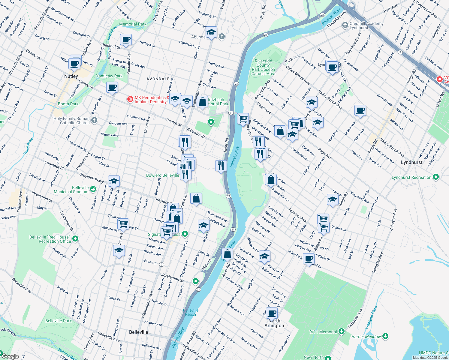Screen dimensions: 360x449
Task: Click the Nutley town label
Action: tap(71, 76)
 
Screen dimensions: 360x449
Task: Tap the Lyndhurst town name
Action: tap(411, 162)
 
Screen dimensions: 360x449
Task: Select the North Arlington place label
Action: tap(274, 323)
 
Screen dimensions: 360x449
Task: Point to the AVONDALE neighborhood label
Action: tap(158, 79)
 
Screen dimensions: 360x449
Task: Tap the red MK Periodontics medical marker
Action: tap(130, 99)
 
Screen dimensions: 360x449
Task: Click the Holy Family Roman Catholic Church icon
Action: tap(94, 121)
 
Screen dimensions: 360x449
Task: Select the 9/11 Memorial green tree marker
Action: tap(341, 331)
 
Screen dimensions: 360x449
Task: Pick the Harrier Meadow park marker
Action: tap(385, 336)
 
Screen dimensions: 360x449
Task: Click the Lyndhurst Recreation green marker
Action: tap(436, 177)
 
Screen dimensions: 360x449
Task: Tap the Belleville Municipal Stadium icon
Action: tap(93, 189)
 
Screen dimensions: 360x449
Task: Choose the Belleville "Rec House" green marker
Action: tap(75, 239)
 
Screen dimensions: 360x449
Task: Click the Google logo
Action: tap(10, 356)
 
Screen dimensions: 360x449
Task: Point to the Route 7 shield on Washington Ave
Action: tap(162, 264)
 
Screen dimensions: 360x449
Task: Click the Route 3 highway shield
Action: tap(400, 52)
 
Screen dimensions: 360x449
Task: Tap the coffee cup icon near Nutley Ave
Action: tap(126, 39)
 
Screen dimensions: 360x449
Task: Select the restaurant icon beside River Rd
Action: tap(221, 165)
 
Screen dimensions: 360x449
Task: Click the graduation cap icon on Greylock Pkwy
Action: tap(114, 181)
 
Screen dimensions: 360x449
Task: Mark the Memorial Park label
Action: tap(133, 24)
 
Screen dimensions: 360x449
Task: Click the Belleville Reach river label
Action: tap(191, 312)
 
